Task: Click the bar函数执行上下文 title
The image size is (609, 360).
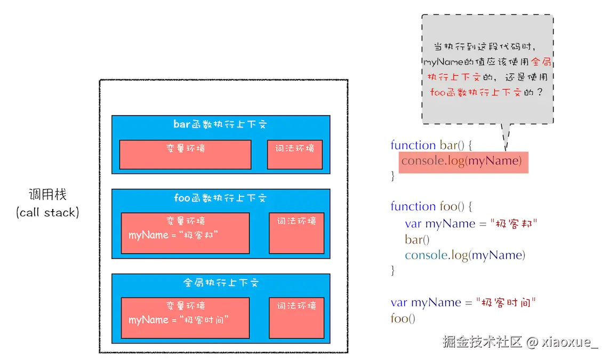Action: coord(220,125)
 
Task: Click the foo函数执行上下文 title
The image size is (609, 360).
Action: coord(220,198)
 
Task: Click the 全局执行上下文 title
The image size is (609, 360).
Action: coord(220,283)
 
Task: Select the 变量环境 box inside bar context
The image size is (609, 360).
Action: coord(185,155)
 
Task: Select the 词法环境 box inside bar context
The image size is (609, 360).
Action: coord(295,155)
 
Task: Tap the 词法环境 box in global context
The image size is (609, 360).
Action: coord(297,318)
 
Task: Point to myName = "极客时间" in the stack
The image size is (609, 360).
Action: coord(179,320)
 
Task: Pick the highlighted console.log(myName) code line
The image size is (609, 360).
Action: coord(462,161)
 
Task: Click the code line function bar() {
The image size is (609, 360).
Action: coord(432,145)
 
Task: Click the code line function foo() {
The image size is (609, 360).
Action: coord(431,206)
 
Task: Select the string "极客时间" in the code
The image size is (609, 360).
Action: coord(505,302)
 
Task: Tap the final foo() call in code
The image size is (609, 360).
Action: coord(403,319)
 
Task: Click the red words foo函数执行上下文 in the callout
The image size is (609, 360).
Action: coord(475,92)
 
